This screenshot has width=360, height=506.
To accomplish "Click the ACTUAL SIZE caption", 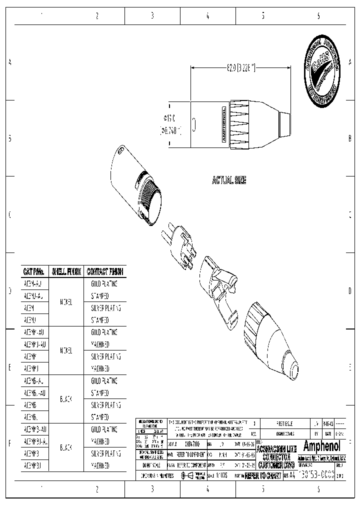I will point(229,180).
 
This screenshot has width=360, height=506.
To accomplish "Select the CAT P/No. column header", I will point(34,272).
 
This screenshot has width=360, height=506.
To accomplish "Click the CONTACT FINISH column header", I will point(105,272).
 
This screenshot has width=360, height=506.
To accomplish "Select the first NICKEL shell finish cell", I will point(65,302).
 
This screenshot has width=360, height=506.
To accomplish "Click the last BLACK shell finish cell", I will point(65,447).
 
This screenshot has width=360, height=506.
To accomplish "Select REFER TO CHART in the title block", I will point(262,476).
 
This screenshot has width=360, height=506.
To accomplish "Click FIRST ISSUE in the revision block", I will point(287,423).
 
